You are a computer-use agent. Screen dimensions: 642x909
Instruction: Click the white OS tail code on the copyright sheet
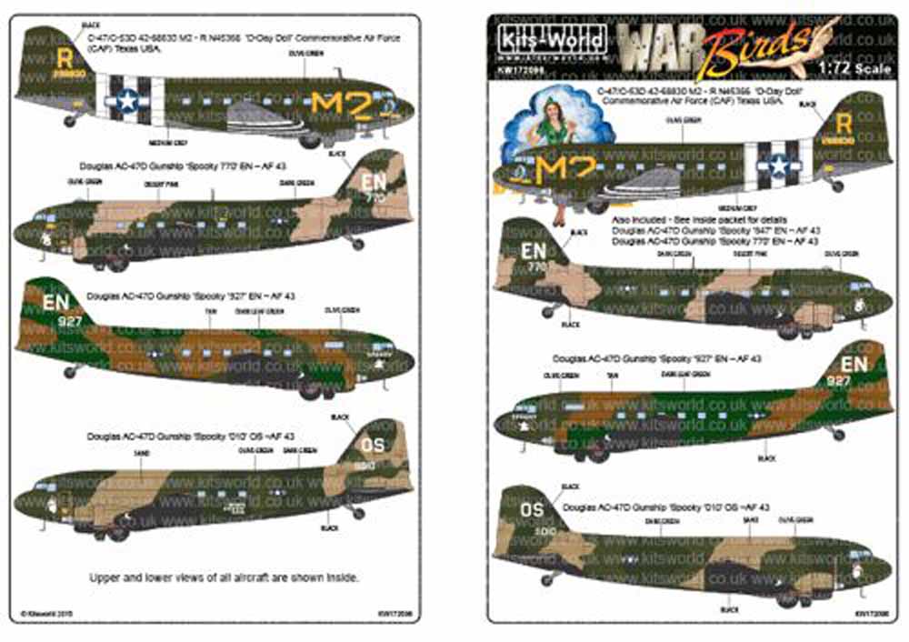pyautogui.click(x=374, y=446)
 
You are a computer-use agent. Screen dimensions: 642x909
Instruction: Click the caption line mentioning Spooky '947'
pyautogui.click(x=715, y=231)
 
